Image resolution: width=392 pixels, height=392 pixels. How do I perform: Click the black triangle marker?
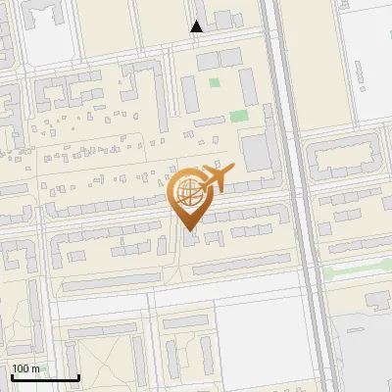point(197,26)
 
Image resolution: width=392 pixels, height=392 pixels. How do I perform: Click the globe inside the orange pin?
point(187,192)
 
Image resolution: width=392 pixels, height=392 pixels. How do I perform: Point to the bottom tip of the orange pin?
point(188,231)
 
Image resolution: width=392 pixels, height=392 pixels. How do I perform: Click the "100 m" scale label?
point(25,368)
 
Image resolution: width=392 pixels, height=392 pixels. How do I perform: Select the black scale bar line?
point(45,378)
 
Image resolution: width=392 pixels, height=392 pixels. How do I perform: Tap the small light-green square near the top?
point(215,81)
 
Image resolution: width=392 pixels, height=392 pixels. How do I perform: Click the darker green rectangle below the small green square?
point(238,116)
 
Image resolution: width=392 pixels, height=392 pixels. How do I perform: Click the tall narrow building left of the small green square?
point(189,94)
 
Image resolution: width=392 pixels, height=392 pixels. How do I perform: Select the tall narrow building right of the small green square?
point(249,86)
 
